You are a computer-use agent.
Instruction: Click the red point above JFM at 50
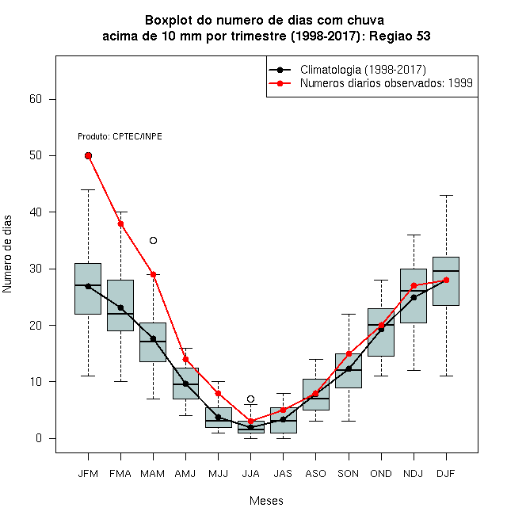pos(88,156)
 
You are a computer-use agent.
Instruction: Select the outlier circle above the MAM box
pos(153,240)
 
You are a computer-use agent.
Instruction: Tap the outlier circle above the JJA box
pos(251,399)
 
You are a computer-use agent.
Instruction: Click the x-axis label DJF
pos(446,474)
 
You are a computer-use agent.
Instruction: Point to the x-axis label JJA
pos(250,474)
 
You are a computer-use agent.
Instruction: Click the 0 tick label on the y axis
pos(39,438)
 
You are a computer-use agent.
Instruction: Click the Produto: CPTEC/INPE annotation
pos(120,136)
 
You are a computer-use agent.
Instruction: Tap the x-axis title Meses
pos(266,501)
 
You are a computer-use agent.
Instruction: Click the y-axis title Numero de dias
pos(7,254)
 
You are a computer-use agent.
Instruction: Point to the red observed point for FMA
pos(120,223)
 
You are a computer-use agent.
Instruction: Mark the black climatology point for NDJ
pos(414,297)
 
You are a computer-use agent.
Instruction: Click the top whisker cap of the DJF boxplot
pos(446,195)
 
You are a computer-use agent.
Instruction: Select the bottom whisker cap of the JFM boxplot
pos(88,376)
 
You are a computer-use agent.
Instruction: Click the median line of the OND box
pos(381,325)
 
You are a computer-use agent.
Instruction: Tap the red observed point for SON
pos(349,354)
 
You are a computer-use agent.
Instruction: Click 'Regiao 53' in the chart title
pos(399,36)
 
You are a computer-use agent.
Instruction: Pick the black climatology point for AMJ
pos(186,384)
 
